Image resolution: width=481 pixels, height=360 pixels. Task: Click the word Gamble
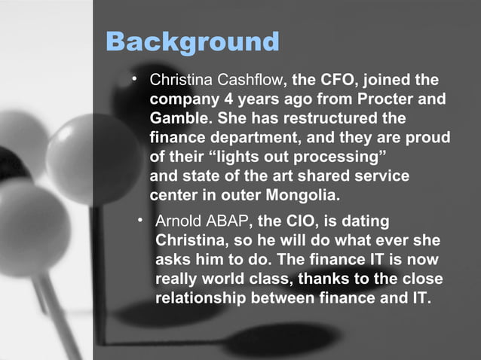point(179,119)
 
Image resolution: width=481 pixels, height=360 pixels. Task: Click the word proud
point(428,139)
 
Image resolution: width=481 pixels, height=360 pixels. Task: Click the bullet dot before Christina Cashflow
point(133,78)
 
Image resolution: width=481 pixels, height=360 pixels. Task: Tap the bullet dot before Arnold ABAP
point(139,220)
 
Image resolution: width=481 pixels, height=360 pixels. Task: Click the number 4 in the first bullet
point(222,99)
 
